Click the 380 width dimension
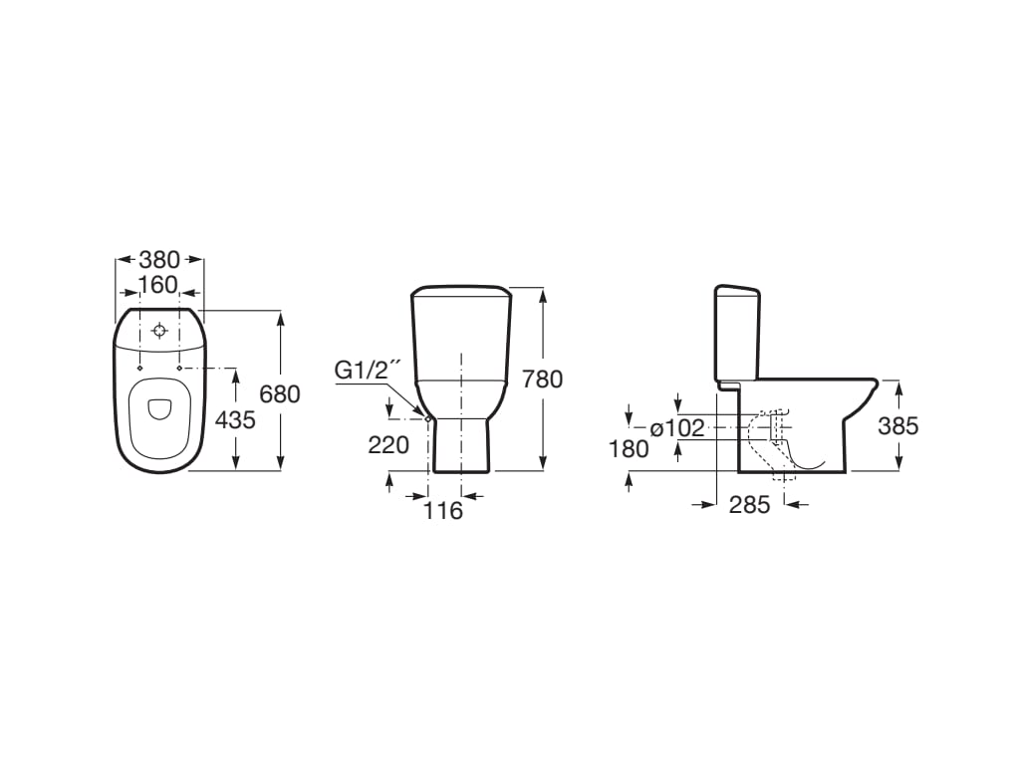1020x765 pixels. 159,260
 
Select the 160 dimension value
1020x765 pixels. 158,285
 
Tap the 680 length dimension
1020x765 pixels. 280,393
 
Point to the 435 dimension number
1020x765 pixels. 235,420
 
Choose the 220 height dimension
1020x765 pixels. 388,445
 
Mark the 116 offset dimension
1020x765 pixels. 443,511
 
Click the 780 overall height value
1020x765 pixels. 542,379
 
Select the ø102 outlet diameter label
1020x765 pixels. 677,428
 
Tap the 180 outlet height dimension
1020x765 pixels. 630,449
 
